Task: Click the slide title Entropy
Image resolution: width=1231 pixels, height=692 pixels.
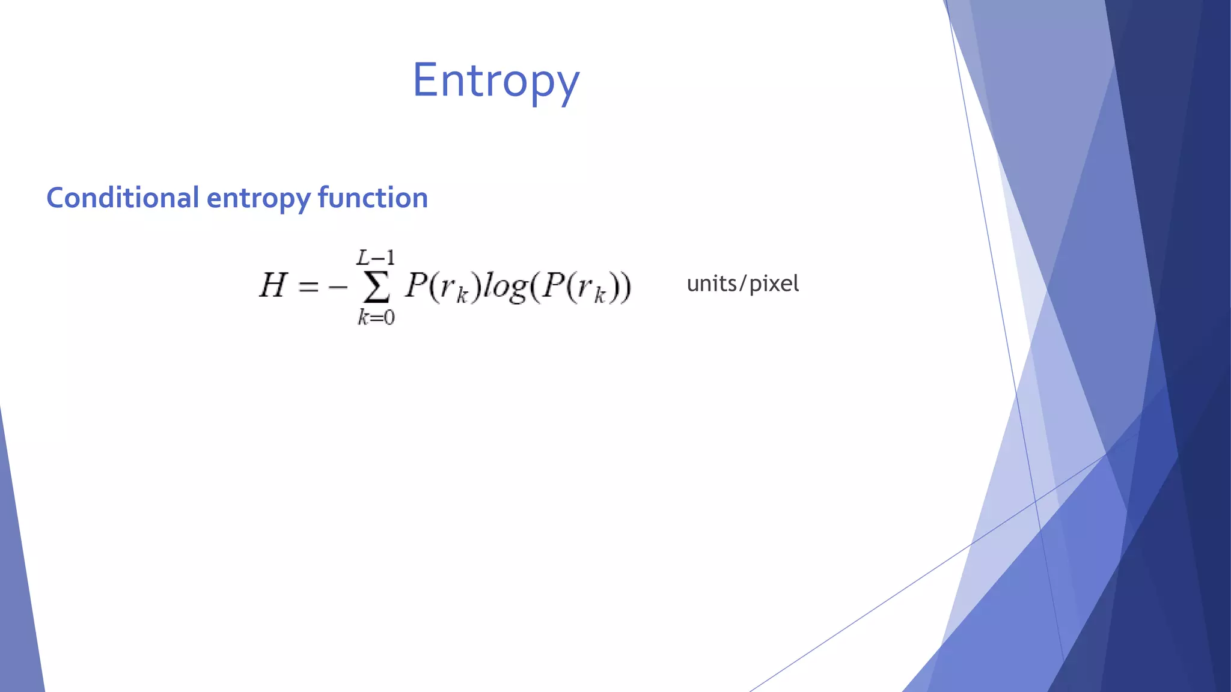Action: [x=496, y=80]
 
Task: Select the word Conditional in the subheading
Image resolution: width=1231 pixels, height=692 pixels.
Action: [x=123, y=198]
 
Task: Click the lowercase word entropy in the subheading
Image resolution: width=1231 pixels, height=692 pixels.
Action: [x=258, y=199]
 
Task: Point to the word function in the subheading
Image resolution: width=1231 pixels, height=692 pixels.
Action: [x=373, y=198]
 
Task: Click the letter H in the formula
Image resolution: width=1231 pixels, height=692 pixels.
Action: [x=272, y=285]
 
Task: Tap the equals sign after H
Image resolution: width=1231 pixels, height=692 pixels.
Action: [x=308, y=287]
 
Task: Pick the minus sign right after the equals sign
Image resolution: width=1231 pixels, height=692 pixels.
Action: [x=338, y=287]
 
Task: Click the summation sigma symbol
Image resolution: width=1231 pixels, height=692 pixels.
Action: [x=376, y=288]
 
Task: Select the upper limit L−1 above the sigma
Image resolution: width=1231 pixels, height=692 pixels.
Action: [x=376, y=258]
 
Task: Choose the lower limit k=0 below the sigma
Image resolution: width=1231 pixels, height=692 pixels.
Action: [x=376, y=317]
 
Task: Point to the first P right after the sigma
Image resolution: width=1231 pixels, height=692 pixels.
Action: [x=416, y=285]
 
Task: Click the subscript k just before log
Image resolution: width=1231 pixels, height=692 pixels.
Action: [x=462, y=296]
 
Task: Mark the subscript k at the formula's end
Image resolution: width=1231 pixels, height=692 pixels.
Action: [x=599, y=296]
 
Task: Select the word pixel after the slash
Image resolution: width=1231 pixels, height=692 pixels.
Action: [x=774, y=284]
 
